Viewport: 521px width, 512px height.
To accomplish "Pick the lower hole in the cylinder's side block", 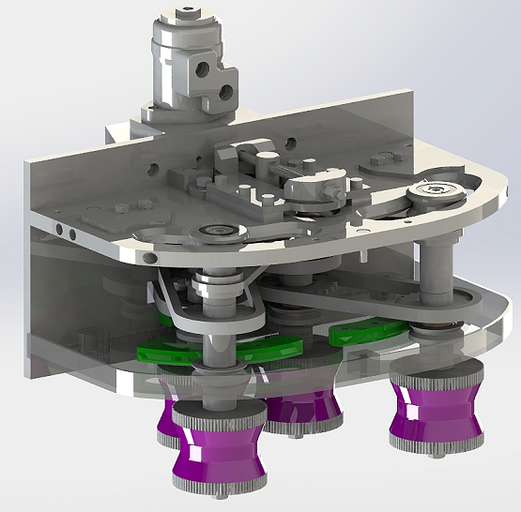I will pyautogui.click(x=225, y=91).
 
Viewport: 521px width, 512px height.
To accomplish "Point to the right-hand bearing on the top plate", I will pyautogui.click(x=436, y=191).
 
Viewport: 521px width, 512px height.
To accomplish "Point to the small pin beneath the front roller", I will pyautogui.click(x=218, y=497).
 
